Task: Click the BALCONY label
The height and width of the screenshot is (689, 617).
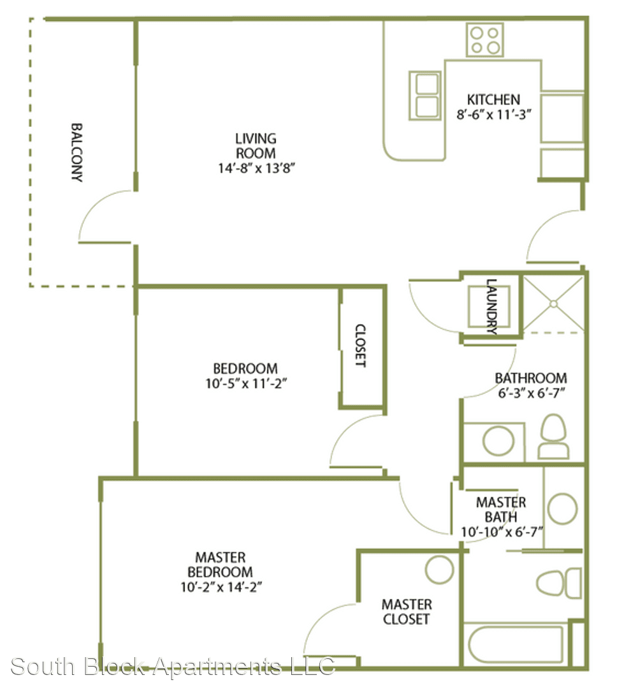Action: (77, 152)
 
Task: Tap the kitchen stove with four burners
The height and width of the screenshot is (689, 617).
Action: (485, 40)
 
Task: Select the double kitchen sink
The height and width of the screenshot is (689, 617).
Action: (425, 95)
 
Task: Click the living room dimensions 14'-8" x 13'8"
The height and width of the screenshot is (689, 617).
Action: (256, 168)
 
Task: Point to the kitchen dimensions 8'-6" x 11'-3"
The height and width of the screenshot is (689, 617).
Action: (493, 115)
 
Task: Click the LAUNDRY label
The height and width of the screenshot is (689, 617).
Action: (491, 306)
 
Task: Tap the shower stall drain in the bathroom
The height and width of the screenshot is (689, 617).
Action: (553, 304)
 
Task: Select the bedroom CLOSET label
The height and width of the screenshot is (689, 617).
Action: (360, 345)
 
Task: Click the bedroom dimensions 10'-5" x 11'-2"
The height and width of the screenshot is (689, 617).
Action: (246, 383)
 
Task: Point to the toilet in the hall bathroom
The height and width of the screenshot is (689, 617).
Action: (553, 436)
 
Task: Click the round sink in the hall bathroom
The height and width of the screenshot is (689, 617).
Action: (498, 441)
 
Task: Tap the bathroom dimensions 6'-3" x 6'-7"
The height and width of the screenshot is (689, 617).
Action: (531, 393)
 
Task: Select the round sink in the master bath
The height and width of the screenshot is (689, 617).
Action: (563, 509)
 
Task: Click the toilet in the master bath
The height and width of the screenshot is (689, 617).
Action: (558, 583)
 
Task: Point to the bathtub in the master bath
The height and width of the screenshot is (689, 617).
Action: (516, 644)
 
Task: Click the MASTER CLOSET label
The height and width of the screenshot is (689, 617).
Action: (407, 612)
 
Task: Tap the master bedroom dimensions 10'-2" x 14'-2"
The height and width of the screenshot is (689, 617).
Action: (221, 587)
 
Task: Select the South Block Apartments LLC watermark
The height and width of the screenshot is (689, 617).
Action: (173, 666)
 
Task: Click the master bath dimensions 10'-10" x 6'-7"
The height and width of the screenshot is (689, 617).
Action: (502, 532)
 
